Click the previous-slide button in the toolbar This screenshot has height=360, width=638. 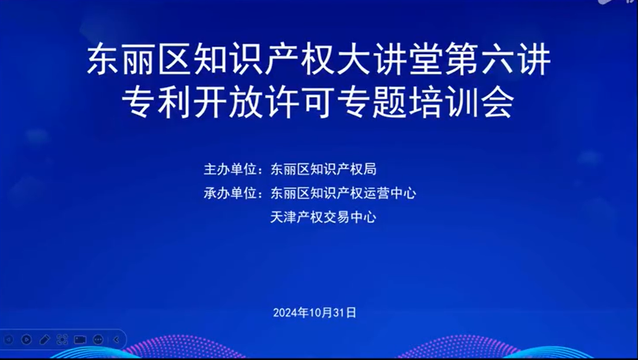point(8,340)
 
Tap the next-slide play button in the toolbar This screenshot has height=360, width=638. point(26,340)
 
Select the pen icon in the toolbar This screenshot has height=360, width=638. point(45,340)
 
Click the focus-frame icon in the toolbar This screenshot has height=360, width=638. point(62,340)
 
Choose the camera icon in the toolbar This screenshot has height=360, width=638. point(80,340)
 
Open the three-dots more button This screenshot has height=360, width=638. point(98,340)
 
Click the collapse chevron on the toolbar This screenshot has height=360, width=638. point(116,340)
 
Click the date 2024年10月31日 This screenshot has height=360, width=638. point(315,313)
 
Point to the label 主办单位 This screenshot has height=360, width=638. point(231,169)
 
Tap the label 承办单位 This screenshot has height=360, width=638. point(231,193)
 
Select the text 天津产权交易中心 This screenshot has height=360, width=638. point(323,217)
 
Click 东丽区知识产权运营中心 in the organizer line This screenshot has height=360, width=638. point(343,193)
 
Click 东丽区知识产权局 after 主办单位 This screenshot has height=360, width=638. point(323,169)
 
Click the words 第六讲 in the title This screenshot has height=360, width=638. point(498,59)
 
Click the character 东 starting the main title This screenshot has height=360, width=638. point(103,59)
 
